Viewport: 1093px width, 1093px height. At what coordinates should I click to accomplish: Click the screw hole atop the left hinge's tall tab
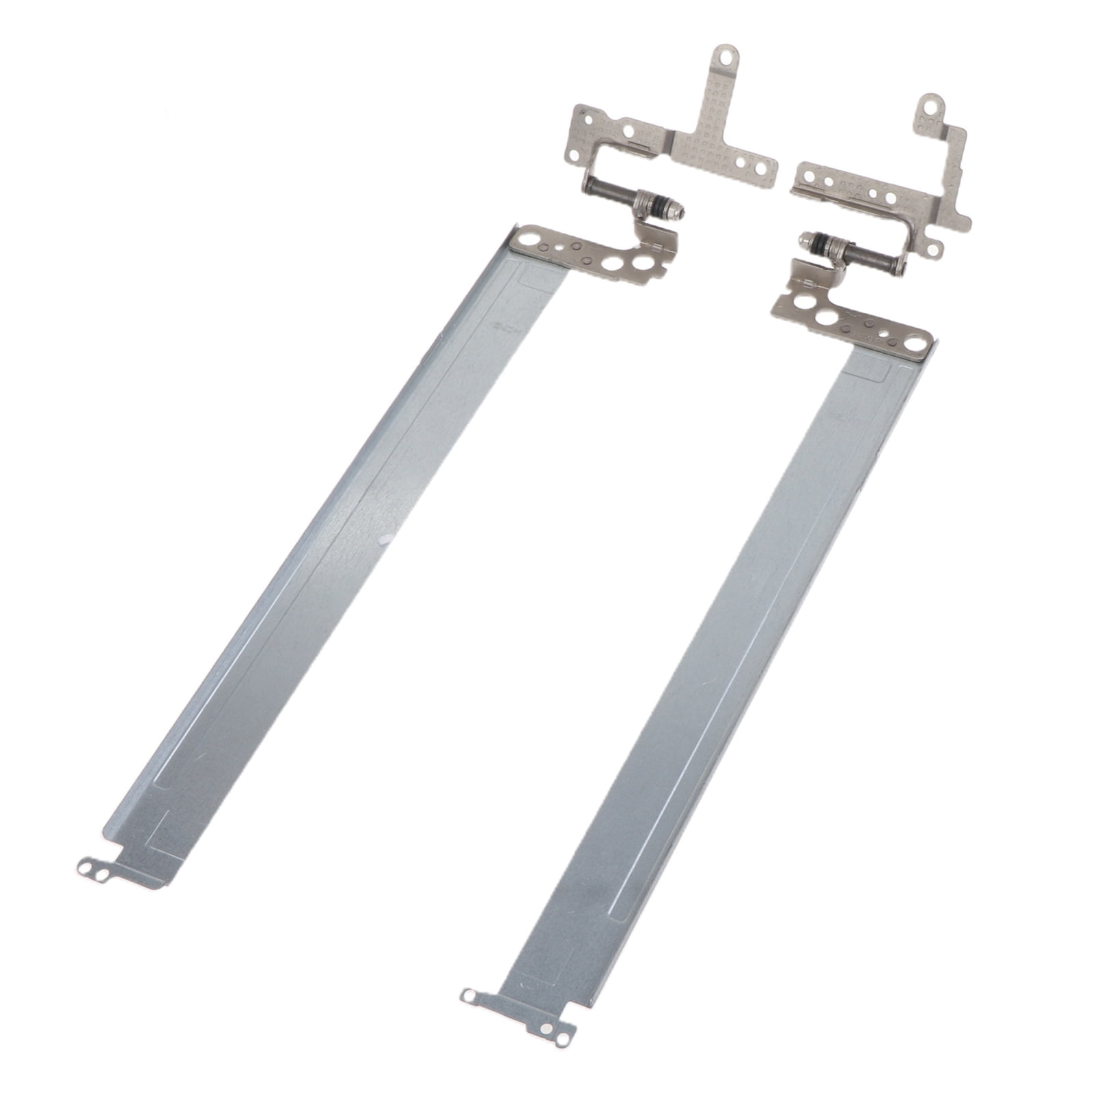click(727, 57)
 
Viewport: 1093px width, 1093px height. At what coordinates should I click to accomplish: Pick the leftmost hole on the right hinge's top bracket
click(810, 175)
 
